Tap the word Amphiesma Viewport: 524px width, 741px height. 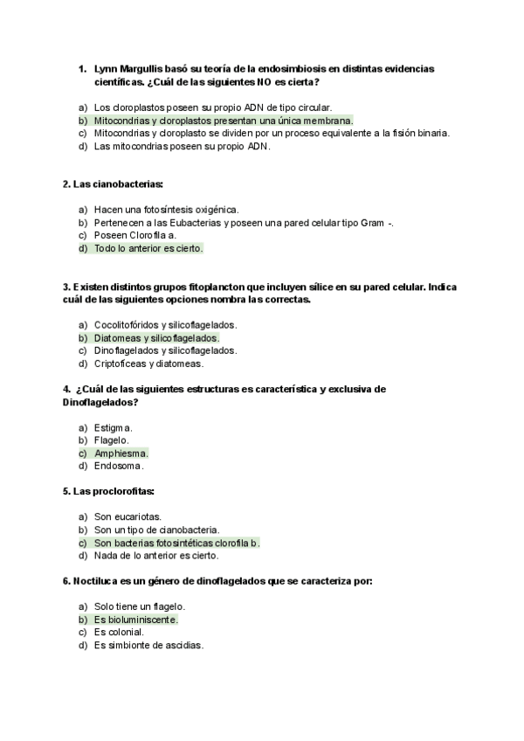coord(121,454)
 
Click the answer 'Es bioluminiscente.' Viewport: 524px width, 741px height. coord(135,620)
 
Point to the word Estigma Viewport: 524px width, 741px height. coord(114,427)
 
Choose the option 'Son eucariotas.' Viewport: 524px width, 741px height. coord(128,516)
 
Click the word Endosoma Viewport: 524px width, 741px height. coord(119,466)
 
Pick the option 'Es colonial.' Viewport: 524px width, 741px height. coord(119,632)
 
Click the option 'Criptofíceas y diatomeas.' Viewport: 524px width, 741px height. coord(148,364)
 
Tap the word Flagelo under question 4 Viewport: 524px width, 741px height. coord(112,440)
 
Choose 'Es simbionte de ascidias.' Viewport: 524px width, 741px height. coord(148,645)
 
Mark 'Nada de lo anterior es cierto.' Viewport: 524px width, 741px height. coord(156,555)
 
